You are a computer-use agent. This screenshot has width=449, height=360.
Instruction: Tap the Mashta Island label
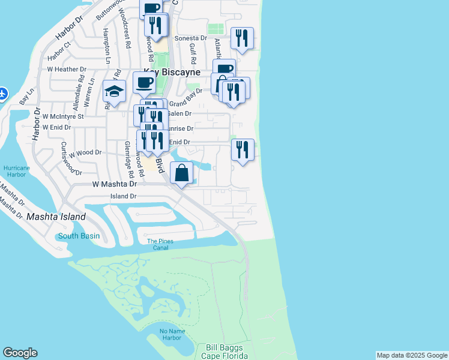[56, 217]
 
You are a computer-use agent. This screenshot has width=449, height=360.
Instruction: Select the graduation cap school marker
[114, 91]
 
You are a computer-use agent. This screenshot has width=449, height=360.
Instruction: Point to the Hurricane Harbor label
[16, 171]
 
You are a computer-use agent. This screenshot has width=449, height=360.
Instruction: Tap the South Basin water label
[79, 236]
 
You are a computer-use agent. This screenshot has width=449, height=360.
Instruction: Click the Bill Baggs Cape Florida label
[228, 351]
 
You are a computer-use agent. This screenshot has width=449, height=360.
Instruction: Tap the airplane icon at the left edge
[3, 94]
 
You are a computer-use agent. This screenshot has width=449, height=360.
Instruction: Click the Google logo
[20, 353]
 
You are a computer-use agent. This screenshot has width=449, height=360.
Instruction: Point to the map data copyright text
[412, 355]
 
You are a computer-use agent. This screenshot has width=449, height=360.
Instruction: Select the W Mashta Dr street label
[115, 185]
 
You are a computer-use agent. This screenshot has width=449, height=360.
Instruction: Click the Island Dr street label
[124, 196]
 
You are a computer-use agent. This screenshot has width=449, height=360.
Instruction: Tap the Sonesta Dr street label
[190, 38]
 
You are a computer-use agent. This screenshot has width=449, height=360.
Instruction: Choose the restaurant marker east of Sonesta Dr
[242, 38]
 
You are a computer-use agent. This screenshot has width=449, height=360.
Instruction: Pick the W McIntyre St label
[63, 116]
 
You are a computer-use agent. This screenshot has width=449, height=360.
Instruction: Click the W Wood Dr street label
[85, 153]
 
